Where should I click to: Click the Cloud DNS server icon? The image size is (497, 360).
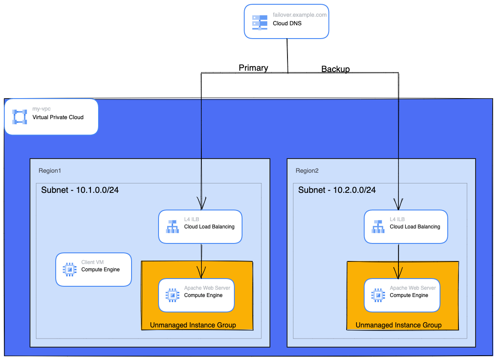tap(259, 22)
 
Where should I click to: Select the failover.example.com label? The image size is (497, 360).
tap(299, 15)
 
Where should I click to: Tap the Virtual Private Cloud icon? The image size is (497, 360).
tap(19, 117)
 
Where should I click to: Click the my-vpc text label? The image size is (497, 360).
tap(42, 109)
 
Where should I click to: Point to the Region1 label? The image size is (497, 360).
tap(50, 171)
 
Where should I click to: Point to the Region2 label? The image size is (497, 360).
tap(307, 171)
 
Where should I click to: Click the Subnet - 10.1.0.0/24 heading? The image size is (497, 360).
tap(80, 190)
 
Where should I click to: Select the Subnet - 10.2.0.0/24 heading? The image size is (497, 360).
tap(337, 190)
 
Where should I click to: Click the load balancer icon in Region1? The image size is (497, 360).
tap(172, 226)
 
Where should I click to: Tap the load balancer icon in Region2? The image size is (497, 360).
tap(378, 226)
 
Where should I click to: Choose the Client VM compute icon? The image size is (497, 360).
tap(69, 269)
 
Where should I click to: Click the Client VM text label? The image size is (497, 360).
tap(93, 262)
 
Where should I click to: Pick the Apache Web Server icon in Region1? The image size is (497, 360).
tap(172, 295)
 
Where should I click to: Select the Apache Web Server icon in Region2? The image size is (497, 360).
tap(378, 295)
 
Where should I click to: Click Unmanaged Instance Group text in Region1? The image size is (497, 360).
tap(193, 325)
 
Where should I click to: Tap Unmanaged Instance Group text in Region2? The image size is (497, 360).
tap(398, 325)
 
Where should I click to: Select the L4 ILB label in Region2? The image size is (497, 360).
tap(396, 219)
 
